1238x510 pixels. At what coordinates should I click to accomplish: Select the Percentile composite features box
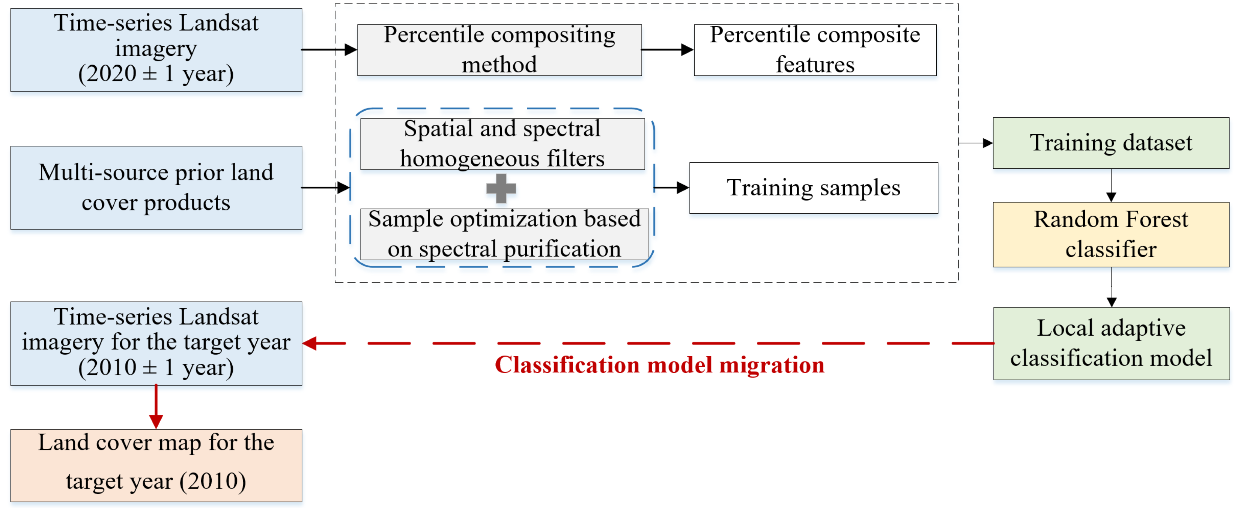[815, 50]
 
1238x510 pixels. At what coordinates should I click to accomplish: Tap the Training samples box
[813, 188]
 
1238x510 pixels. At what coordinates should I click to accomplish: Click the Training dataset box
[1111, 143]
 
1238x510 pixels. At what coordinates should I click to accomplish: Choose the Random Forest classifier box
[1111, 234]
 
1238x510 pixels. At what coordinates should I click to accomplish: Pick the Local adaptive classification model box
[1111, 343]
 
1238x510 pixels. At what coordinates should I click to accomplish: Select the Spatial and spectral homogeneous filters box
[502, 144]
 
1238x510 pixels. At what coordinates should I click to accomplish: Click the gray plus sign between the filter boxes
[501, 188]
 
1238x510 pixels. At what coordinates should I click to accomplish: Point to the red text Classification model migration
[659, 365]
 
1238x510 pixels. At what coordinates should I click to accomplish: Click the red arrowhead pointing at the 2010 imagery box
[310, 343]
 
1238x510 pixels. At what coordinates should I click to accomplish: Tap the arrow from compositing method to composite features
[668, 49]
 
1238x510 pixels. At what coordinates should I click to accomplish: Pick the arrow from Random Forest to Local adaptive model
[1111, 288]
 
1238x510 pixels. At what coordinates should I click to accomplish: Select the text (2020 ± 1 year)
[156, 74]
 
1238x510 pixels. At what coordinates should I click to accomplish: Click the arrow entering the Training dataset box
[976, 143]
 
